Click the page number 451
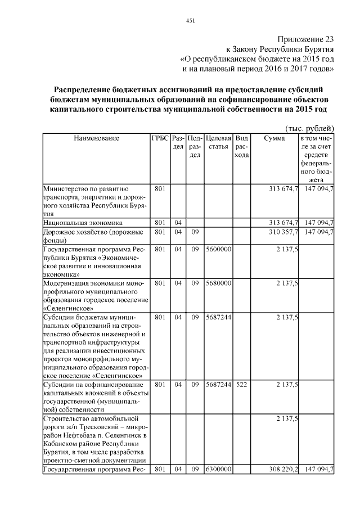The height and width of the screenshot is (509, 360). click(x=190, y=21)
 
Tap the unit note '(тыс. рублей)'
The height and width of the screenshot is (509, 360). click(x=310, y=128)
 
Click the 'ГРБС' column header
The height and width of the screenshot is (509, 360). click(x=159, y=138)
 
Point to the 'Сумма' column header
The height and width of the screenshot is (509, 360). click(x=274, y=138)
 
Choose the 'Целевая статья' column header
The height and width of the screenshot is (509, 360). click(x=218, y=142)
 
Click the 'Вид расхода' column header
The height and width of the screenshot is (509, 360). click(x=241, y=146)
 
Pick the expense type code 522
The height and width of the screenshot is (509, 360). click(x=241, y=385)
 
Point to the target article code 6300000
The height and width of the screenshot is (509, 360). click(x=218, y=469)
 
